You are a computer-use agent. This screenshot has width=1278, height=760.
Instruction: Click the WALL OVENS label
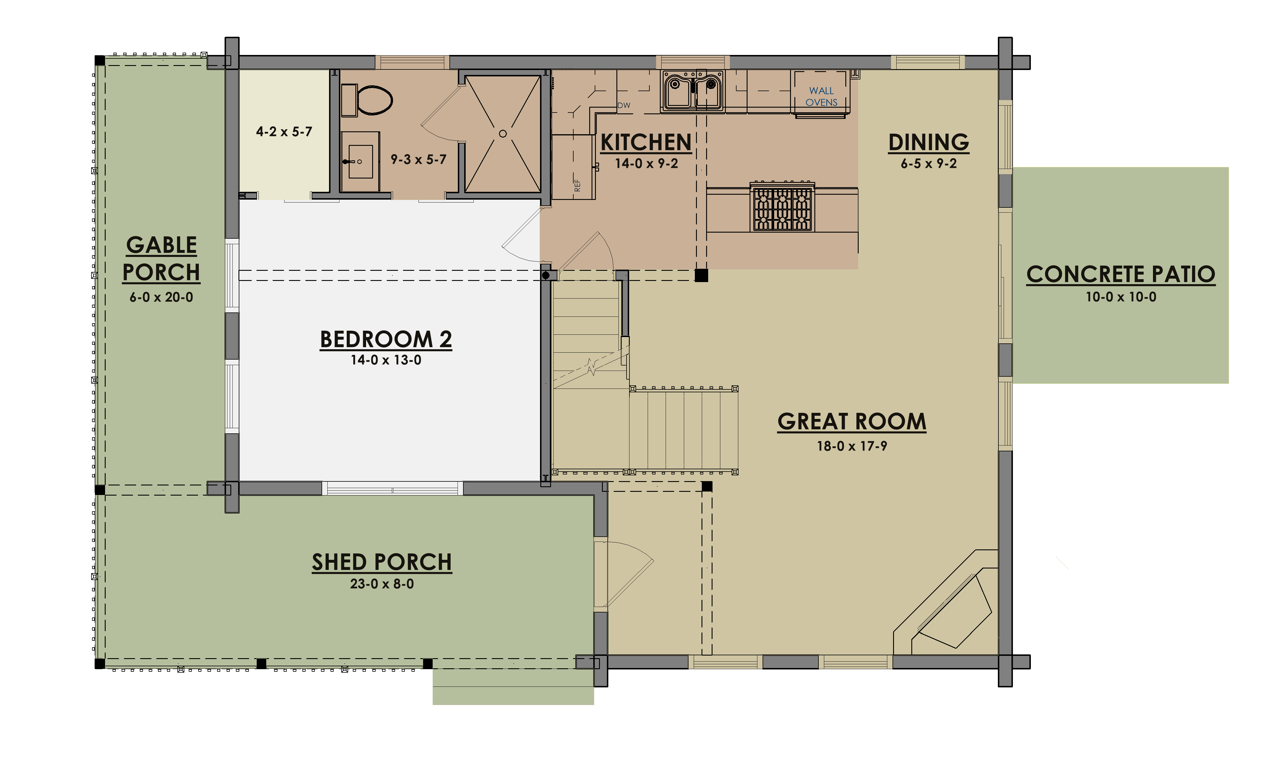click(821, 96)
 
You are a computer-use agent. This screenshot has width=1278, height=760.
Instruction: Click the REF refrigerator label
click(577, 185)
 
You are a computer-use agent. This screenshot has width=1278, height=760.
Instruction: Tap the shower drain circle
click(502, 134)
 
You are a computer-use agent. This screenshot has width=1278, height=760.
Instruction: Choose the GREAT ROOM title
click(852, 422)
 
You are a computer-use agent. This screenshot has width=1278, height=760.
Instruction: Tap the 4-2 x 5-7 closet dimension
click(284, 132)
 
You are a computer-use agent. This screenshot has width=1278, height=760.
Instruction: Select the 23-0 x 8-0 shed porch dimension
click(382, 584)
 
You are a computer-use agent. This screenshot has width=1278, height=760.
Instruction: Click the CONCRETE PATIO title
click(1121, 274)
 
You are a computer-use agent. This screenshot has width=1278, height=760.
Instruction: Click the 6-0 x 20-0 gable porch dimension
click(161, 297)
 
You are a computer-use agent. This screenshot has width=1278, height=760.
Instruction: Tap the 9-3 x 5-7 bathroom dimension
click(418, 159)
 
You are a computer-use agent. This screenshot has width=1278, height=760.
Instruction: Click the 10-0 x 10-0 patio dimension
click(1121, 297)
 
